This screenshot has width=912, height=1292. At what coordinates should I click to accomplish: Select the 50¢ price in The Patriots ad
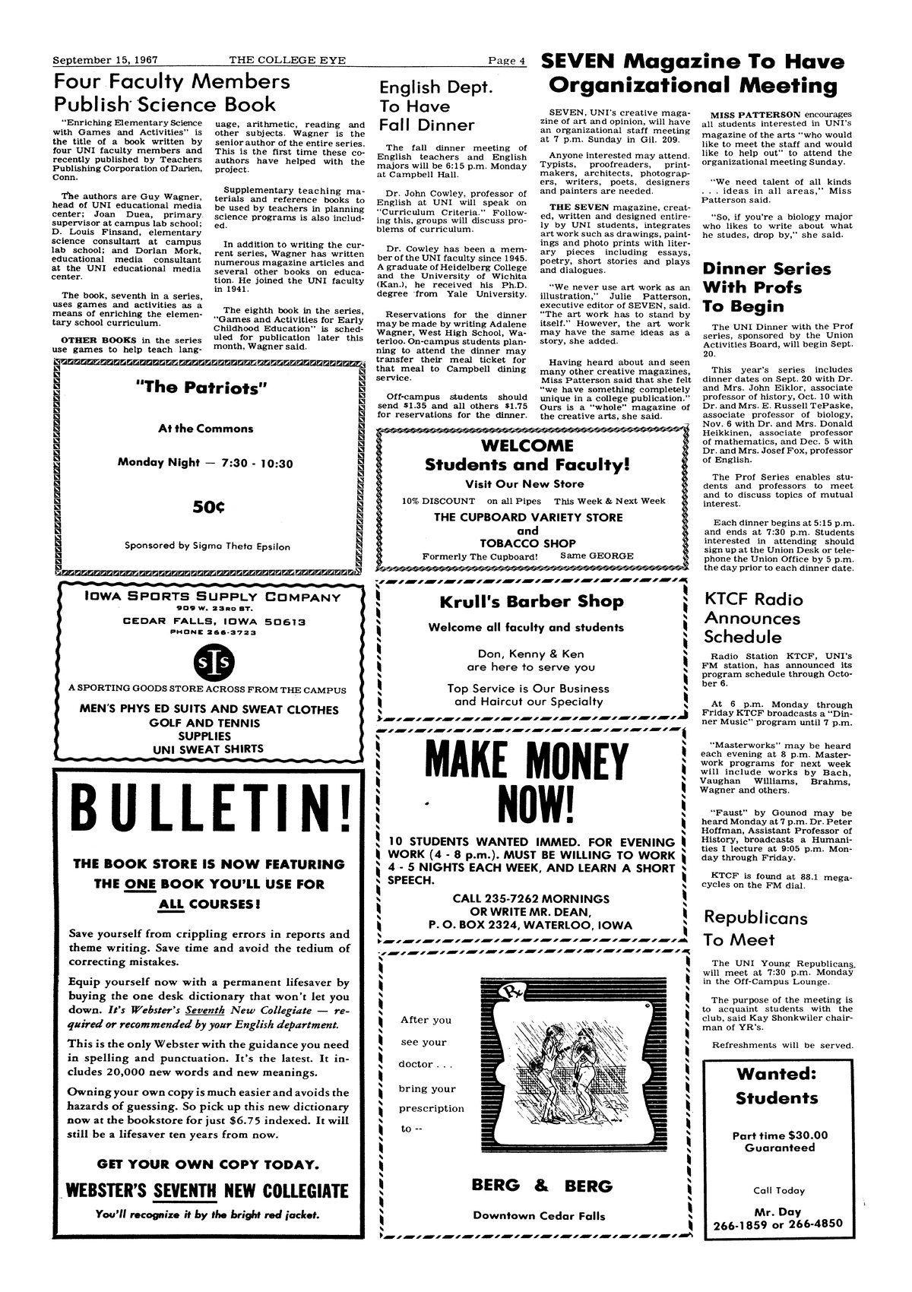click(207, 505)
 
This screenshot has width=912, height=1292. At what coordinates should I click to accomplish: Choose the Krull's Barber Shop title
click(531, 601)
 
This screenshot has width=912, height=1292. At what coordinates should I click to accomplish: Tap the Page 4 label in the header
click(505, 61)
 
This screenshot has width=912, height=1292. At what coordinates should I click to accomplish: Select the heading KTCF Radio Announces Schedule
click(752, 618)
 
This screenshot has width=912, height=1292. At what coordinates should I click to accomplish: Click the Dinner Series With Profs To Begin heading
click(766, 287)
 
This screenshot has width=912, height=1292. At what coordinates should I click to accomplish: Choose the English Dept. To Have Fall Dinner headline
click(426, 106)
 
